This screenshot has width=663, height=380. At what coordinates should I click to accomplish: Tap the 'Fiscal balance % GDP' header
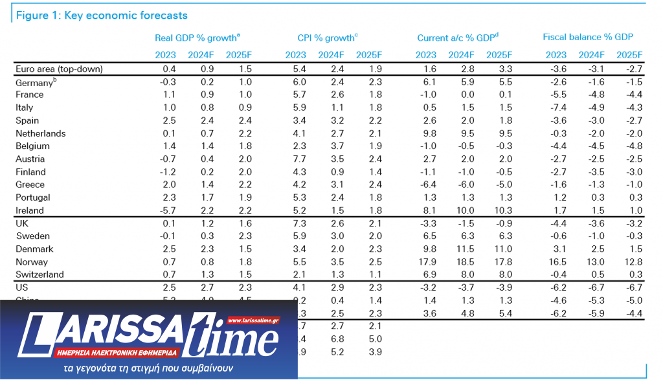[587, 38]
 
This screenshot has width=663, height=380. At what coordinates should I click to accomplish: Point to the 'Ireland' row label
[30, 210]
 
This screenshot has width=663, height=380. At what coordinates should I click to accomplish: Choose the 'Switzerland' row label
[39, 274]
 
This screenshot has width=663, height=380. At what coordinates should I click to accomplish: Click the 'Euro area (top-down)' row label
[59, 69]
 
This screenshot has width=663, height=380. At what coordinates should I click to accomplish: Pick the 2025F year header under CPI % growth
[369, 54]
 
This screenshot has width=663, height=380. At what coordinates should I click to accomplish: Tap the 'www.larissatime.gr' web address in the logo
[253, 320]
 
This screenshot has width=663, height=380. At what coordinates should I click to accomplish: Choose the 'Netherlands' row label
[40, 133]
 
